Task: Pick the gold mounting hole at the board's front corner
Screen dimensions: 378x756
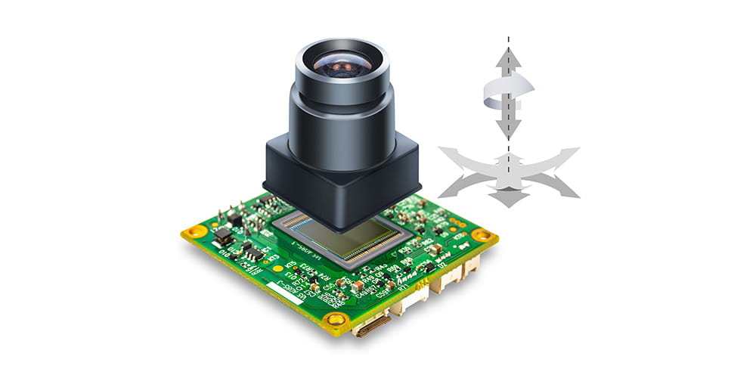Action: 332,321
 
